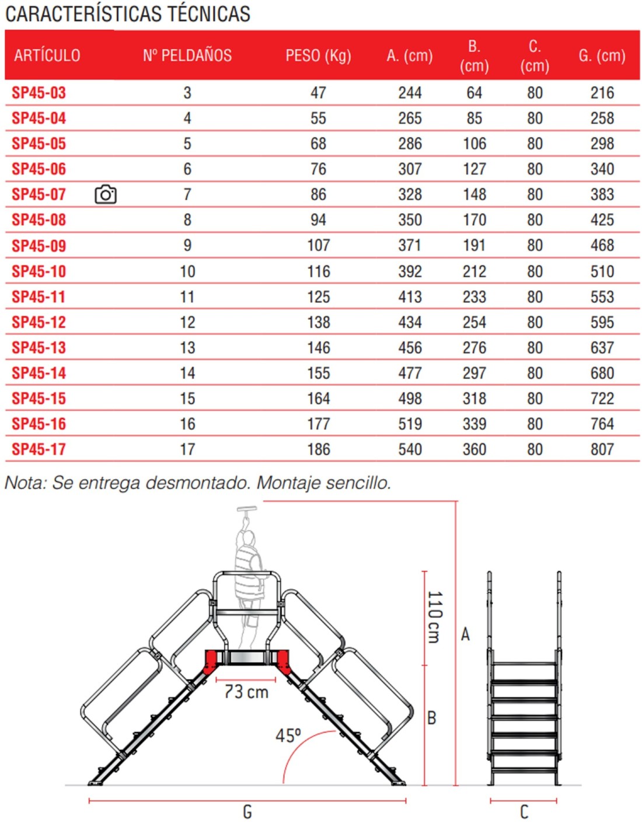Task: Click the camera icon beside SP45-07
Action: (x=106, y=194)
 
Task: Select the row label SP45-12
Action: (x=39, y=322)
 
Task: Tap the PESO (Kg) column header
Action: (x=318, y=55)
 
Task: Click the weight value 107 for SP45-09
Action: (x=319, y=245)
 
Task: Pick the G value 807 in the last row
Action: (x=602, y=449)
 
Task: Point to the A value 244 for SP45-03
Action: (x=410, y=93)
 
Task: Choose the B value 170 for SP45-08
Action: (x=474, y=220)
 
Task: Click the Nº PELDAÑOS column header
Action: (x=187, y=55)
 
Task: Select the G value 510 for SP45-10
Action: (x=602, y=271)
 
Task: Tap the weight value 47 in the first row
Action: (x=318, y=93)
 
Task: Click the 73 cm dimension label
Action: (x=246, y=692)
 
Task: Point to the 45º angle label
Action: (x=288, y=735)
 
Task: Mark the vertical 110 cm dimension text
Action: (x=435, y=617)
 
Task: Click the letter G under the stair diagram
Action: (x=247, y=812)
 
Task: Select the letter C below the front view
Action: (x=524, y=812)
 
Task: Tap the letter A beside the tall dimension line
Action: (x=465, y=634)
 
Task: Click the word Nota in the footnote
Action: (x=24, y=483)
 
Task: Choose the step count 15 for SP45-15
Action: (x=187, y=399)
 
